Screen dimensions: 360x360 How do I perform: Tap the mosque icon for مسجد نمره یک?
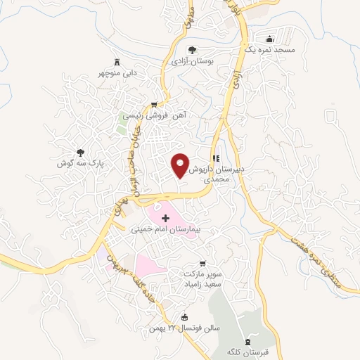pyautogui.click(x=270, y=39)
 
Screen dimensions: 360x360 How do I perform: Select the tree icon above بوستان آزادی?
pyautogui.click(x=192, y=50)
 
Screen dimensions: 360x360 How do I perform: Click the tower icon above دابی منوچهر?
pyautogui.click(x=117, y=60)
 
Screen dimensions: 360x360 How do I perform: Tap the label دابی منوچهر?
pyautogui.click(x=117, y=72)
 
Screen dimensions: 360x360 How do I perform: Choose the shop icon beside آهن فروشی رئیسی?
pyautogui.click(x=154, y=104)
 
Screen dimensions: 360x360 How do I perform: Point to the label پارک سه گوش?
pyautogui.click(x=80, y=162)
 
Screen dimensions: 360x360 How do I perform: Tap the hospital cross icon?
pyautogui.click(x=166, y=219)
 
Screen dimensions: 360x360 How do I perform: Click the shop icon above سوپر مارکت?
pyautogui.click(x=203, y=262)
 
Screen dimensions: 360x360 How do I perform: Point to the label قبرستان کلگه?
pyautogui.click(x=247, y=351)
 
